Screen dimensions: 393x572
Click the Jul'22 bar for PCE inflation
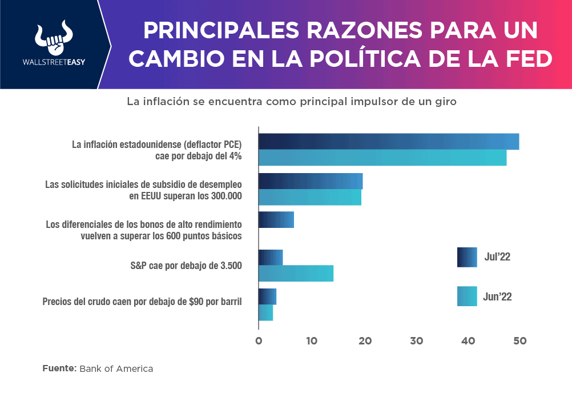pyautogui.click(x=389, y=141)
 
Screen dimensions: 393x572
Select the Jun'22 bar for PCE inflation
pyautogui.click(x=382, y=158)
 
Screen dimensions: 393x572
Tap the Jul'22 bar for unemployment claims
pyautogui.click(x=311, y=181)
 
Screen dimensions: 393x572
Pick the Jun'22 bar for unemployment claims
pyautogui.click(x=310, y=197)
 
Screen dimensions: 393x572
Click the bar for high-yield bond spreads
pyautogui.click(x=276, y=220)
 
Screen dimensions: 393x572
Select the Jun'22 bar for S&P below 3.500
pyautogui.click(x=296, y=274)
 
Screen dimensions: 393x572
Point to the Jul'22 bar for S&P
pyautogui.click(x=271, y=258)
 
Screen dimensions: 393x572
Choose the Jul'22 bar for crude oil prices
pyautogui.click(x=267, y=296)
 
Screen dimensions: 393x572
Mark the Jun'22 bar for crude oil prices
pyautogui.click(x=265, y=313)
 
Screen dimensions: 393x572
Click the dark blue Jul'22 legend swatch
pyautogui.click(x=467, y=257)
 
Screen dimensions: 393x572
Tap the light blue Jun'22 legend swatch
pyautogui.click(x=467, y=296)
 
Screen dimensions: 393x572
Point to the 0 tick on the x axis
pyautogui.click(x=259, y=341)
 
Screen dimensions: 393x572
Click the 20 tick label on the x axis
pyautogui.click(x=365, y=341)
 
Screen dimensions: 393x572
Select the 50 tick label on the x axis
pyautogui.click(x=520, y=341)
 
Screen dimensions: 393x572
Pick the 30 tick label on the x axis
pyautogui.click(x=417, y=341)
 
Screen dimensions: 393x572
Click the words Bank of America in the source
pyautogui.click(x=116, y=368)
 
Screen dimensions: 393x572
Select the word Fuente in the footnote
pyautogui.click(x=59, y=368)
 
